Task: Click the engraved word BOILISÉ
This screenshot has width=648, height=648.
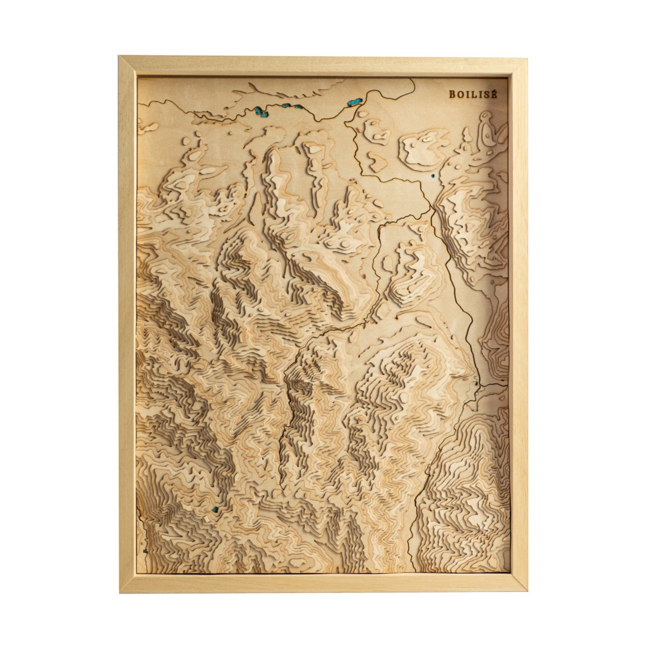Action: click(473, 94)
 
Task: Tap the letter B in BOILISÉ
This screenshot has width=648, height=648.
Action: click(452, 94)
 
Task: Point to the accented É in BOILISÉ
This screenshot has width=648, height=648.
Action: click(492, 93)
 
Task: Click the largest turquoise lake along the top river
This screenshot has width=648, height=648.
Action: click(355, 102)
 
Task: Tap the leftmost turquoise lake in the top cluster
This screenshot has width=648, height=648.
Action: click(259, 111)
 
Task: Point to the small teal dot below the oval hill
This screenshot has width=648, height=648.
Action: click(432, 175)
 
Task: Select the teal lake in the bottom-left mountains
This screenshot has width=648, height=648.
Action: click(216, 509)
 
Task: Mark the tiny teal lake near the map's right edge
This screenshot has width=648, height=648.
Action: click(476, 384)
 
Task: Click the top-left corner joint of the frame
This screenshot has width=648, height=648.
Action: click(127, 65)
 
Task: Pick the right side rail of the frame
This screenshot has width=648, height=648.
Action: click(518, 324)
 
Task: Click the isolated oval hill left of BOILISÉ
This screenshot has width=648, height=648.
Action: click(424, 146)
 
